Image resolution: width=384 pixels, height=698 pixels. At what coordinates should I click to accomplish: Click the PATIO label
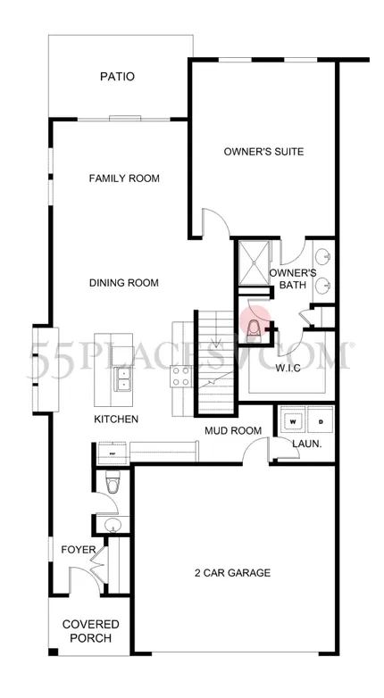117,77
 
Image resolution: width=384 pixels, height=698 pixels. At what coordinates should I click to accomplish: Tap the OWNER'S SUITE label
263,152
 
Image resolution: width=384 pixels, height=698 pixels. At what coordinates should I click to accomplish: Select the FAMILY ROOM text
124,179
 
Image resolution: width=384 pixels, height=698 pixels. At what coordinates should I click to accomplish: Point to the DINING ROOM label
124,283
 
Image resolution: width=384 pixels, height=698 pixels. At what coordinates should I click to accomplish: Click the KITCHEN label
116,419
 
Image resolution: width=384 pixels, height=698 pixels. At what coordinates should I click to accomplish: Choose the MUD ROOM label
233,430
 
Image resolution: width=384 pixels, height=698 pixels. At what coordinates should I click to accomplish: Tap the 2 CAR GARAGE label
232,572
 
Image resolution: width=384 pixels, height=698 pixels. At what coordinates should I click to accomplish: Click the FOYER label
79,549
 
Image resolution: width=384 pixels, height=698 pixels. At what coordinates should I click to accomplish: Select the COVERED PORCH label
91,631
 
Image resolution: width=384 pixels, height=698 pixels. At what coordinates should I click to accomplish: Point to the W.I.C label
288,368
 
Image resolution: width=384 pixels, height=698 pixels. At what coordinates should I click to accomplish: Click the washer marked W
292,420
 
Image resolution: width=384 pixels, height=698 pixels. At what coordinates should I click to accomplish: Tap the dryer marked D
321,420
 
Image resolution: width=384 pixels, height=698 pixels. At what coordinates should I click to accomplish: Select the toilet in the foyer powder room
112,483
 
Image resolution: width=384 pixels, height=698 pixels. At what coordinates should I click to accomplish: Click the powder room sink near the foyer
113,525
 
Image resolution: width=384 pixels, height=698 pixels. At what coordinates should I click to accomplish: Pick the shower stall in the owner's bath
254,262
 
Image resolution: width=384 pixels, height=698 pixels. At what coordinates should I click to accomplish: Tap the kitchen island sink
121,378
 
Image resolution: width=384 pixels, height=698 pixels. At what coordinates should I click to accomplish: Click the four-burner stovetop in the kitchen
182,376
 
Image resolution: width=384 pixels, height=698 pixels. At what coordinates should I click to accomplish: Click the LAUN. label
307,444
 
